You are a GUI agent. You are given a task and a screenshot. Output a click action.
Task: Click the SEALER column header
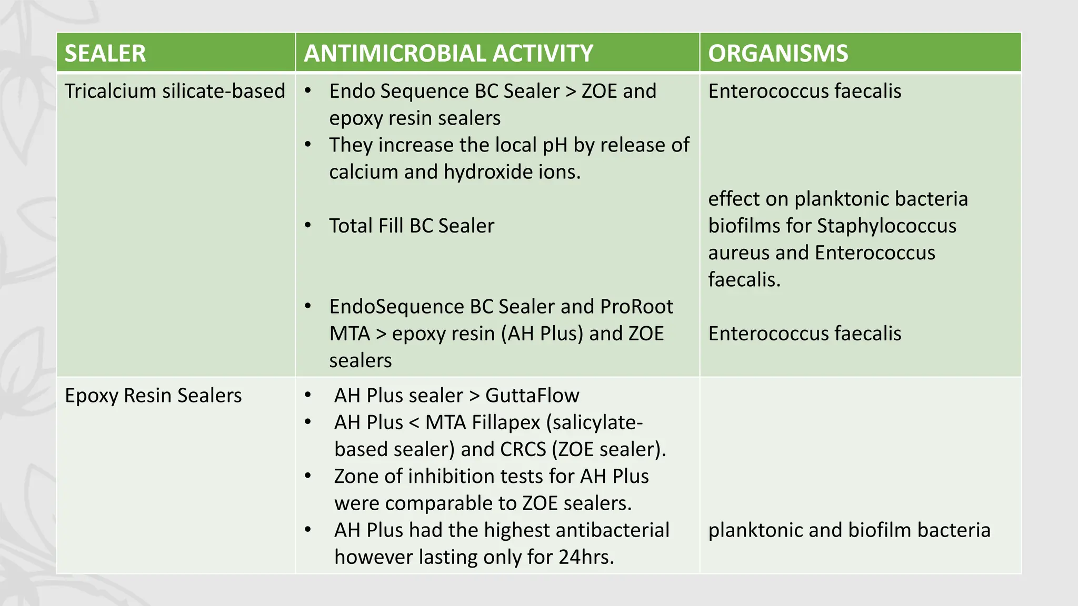click(x=105, y=53)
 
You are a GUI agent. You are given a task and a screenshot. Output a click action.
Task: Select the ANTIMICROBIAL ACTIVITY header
click(x=448, y=53)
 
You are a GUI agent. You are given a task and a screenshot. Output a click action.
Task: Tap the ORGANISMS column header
click(x=777, y=53)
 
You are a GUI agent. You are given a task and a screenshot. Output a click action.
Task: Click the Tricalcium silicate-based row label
click(x=175, y=91)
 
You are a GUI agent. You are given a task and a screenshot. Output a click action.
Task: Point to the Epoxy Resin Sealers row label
click(x=153, y=396)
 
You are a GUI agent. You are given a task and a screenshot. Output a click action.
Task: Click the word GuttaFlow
click(x=532, y=396)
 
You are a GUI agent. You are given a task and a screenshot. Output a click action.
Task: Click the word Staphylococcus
click(x=886, y=226)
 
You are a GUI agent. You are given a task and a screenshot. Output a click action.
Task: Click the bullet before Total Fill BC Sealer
click(x=308, y=226)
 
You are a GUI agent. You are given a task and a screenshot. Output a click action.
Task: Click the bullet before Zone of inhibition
click(x=308, y=476)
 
